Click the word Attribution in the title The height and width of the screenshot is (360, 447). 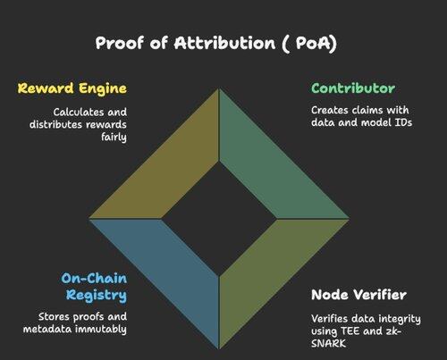[x=224, y=43]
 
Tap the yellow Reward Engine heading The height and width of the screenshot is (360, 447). [x=72, y=88]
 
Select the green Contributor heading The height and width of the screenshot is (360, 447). [x=353, y=88]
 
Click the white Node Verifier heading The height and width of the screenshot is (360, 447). [x=358, y=295]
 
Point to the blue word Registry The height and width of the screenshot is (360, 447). [x=97, y=296]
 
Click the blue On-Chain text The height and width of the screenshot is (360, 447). [x=94, y=279]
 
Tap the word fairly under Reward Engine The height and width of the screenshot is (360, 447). [x=114, y=138]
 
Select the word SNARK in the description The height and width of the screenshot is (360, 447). [x=328, y=344]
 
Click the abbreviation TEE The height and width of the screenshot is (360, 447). [x=350, y=331]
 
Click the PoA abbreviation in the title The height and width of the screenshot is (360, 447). [x=313, y=43]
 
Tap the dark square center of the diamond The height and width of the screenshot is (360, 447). [x=219, y=219]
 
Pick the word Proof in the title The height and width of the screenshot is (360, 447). [x=119, y=43]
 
